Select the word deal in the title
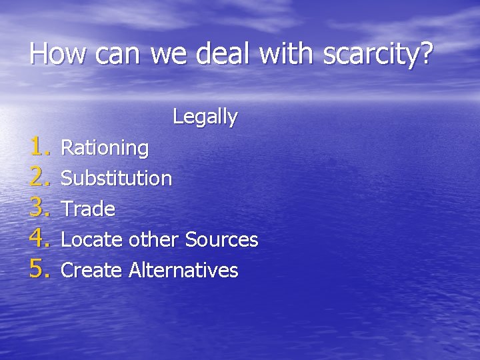tap(221, 54)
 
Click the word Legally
tap(205, 117)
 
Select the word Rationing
tap(105, 148)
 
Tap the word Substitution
tap(116, 178)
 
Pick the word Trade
tap(88, 209)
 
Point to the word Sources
tap(221, 239)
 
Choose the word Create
tap(91, 270)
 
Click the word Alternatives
tap(183, 270)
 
